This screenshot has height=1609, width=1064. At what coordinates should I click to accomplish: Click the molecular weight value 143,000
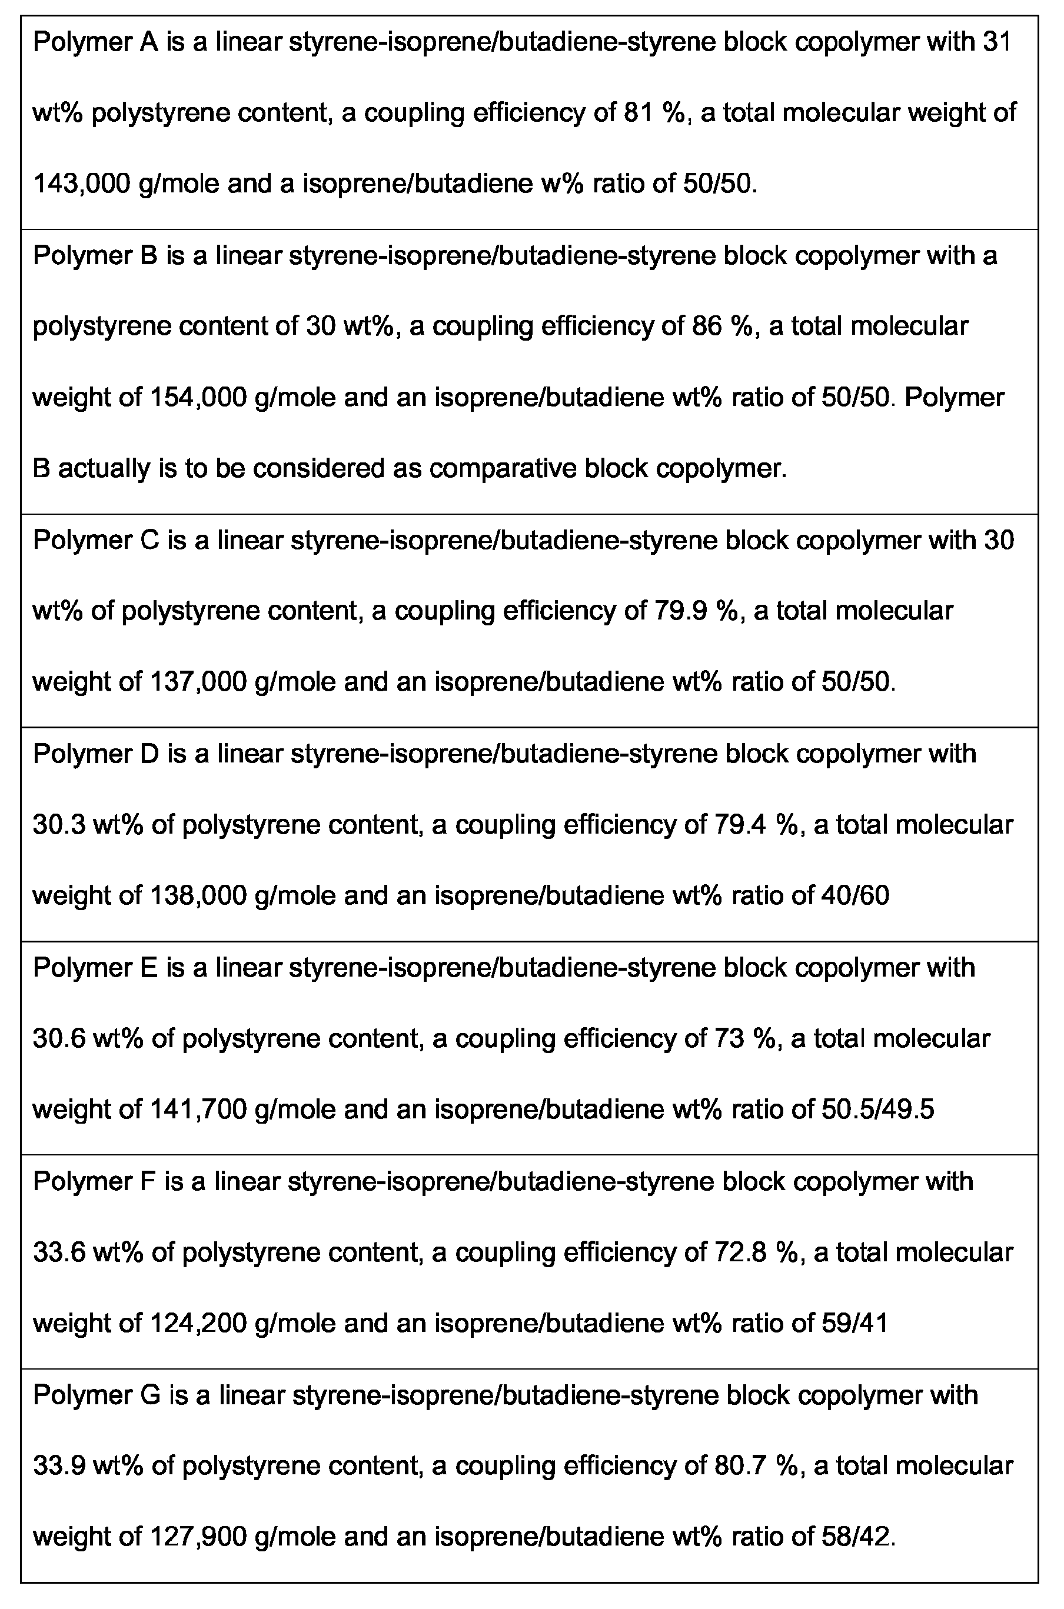81,184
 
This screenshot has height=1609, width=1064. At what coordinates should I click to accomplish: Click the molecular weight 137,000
195,682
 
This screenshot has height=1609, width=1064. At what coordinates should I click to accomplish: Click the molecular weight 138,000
195,895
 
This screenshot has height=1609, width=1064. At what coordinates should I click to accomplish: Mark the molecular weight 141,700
195,1109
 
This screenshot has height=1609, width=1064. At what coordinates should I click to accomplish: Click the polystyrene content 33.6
58,1252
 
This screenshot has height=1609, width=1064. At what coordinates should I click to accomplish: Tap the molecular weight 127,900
195,1537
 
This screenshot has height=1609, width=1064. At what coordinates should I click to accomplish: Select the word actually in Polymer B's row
104,468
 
